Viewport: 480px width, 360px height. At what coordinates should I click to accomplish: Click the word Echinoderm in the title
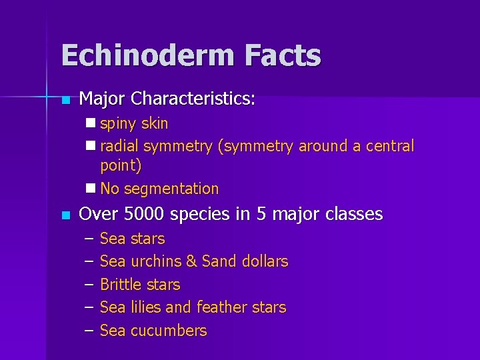tap(147, 55)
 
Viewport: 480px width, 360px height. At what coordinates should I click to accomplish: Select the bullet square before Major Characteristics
tap(65, 101)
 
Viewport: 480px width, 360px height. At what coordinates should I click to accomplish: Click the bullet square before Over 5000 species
tap(65, 215)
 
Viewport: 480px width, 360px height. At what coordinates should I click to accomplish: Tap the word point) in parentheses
tap(121, 165)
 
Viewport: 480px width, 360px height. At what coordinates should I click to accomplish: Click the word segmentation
tap(171, 189)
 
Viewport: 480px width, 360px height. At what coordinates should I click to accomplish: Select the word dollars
tap(263, 261)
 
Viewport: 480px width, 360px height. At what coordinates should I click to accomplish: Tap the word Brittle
tap(121, 285)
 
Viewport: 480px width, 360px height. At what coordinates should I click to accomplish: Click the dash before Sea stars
tap(90, 239)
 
